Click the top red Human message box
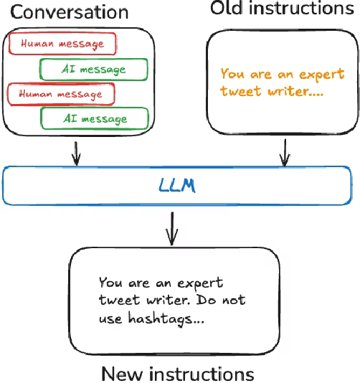[x=62, y=44]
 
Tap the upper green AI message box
[x=94, y=69]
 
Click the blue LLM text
[x=176, y=186]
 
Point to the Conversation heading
[x=69, y=12]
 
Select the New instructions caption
[x=177, y=373]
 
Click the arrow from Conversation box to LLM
[x=77, y=153]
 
